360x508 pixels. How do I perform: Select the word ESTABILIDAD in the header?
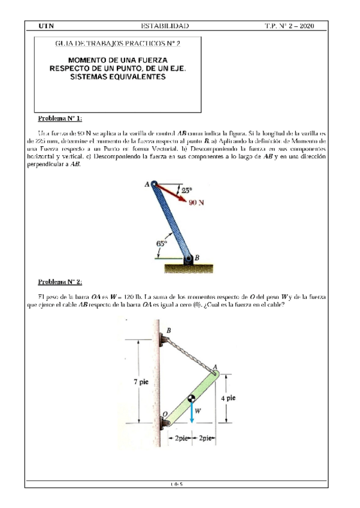tap(164, 26)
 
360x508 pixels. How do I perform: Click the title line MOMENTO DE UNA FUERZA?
tap(118, 61)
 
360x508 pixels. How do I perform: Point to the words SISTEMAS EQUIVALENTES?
tap(118, 78)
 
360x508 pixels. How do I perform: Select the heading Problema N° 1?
tap(60, 119)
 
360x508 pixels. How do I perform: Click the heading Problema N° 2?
tap(60, 282)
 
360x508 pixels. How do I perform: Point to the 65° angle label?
tap(161, 243)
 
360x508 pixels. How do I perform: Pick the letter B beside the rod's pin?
tap(198, 257)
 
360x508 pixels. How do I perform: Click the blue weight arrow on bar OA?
tap(191, 413)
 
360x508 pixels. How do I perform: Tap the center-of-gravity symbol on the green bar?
tap(191, 398)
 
